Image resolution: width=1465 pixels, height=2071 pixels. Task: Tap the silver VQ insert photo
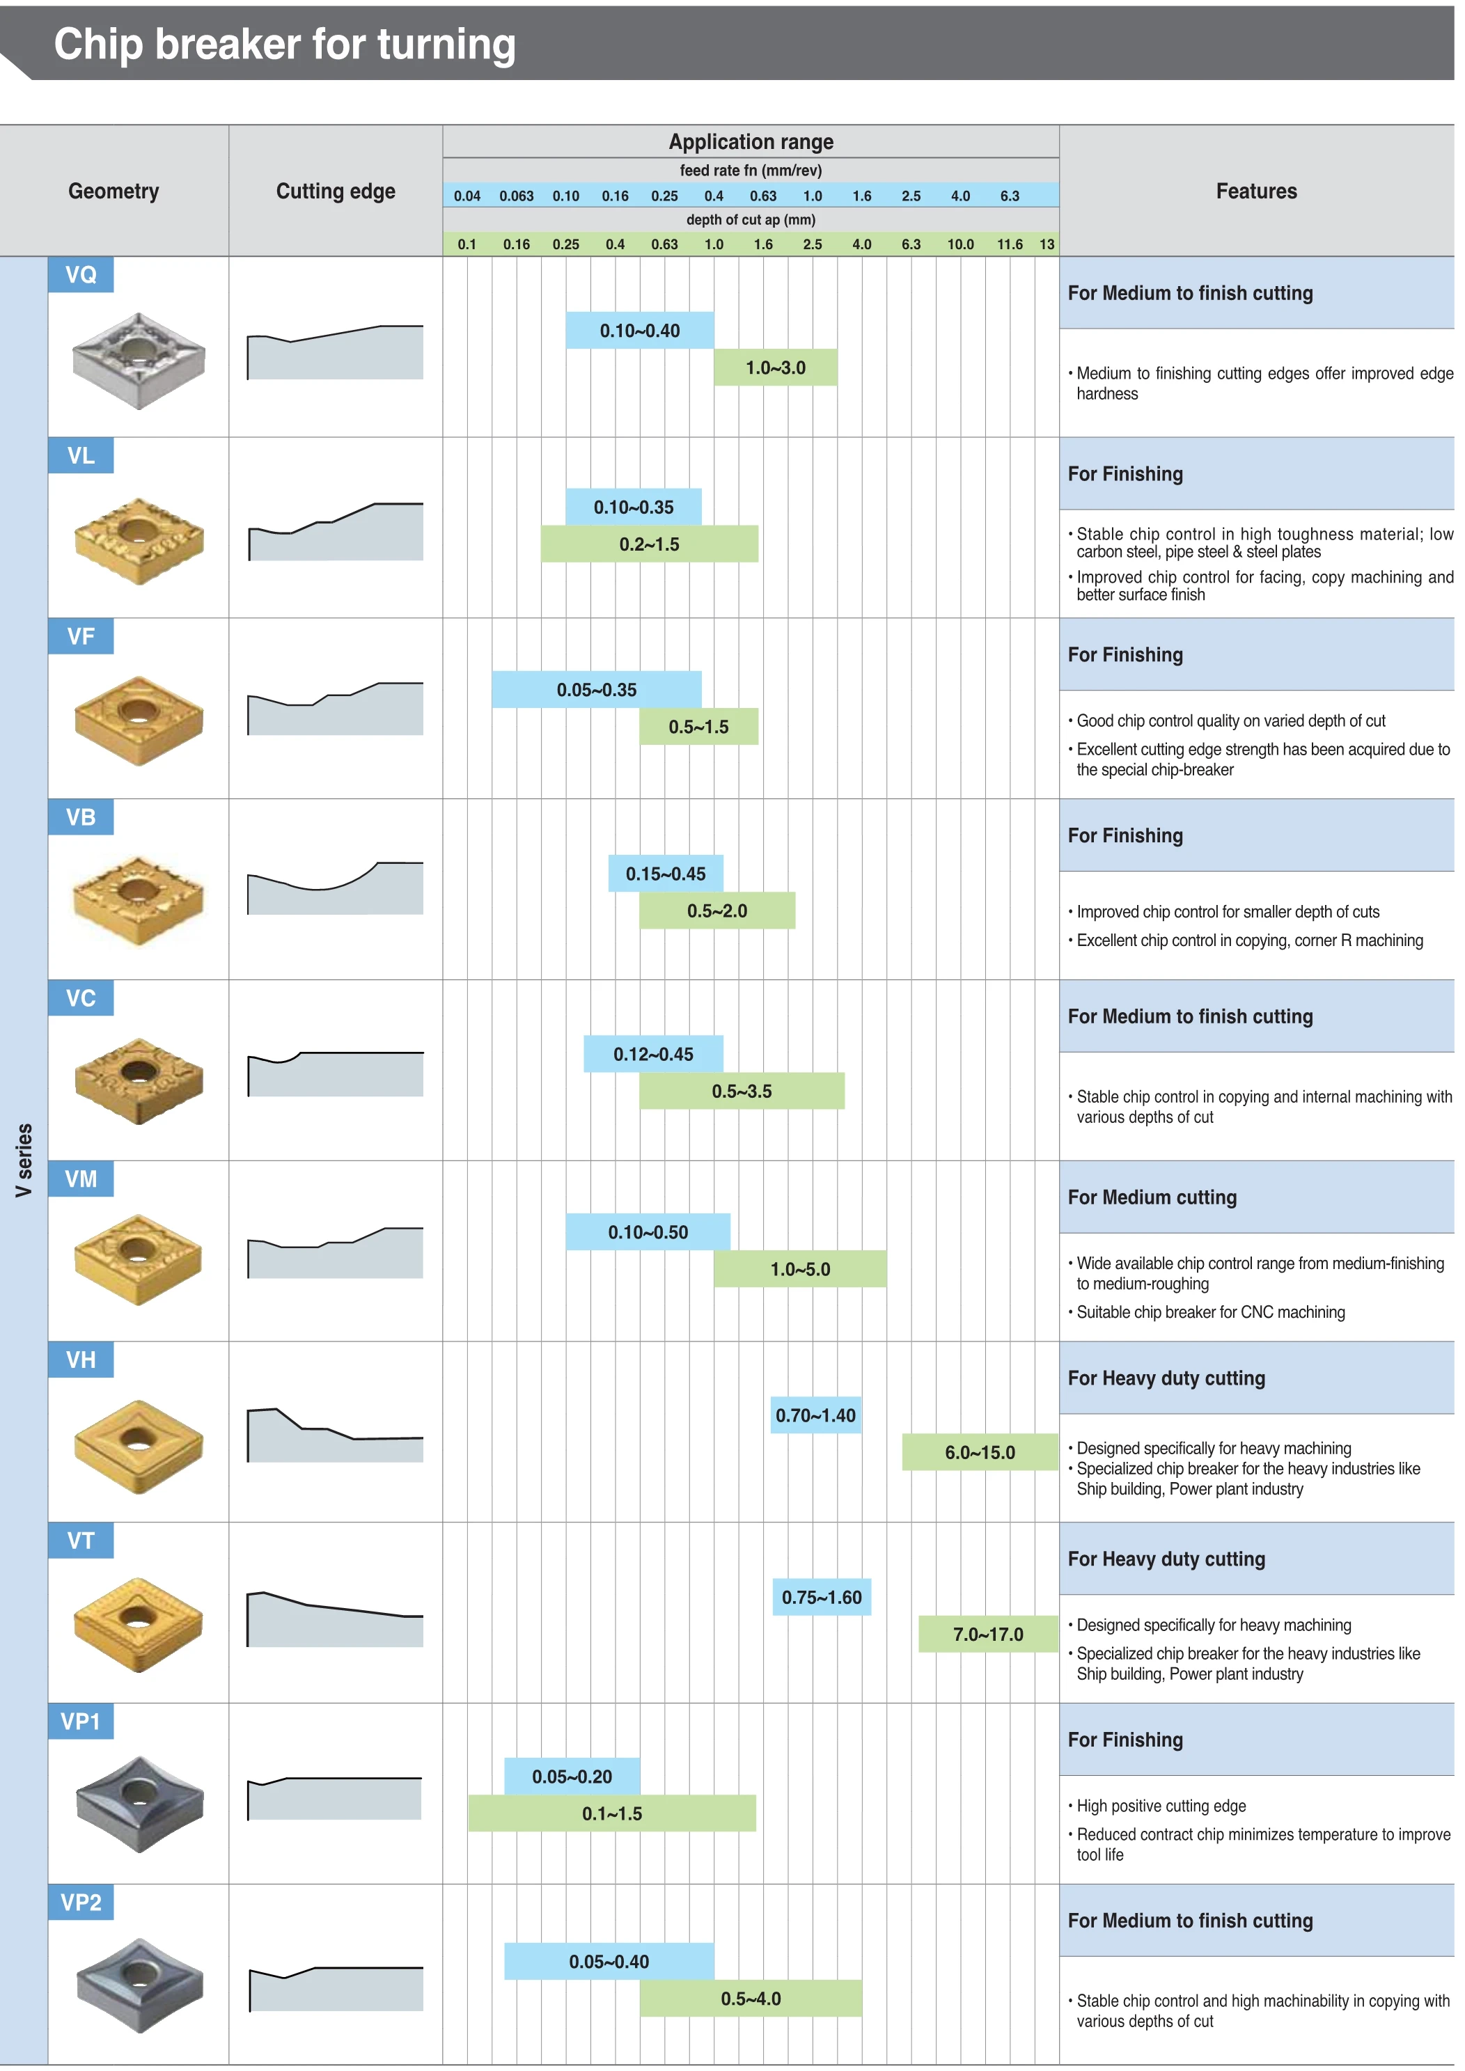[138, 360]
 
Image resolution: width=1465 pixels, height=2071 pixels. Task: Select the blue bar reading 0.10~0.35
[633, 507]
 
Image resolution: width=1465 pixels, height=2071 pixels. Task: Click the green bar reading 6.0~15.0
[980, 1452]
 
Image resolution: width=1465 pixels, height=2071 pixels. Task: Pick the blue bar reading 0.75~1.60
[821, 1598]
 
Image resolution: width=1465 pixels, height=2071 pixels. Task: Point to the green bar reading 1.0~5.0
[799, 1269]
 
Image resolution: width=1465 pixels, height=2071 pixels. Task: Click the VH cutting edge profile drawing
[335, 1434]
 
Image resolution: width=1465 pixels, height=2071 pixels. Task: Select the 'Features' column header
[1255, 191]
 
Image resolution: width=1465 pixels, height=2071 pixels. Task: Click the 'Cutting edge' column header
[336, 191]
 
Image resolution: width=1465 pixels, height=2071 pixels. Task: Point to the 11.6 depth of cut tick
[1010, 244]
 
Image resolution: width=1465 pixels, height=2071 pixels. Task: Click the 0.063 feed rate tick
[516, 196]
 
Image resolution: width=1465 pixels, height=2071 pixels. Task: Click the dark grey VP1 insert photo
[138, 1803]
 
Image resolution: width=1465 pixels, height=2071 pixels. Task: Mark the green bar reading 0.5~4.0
[751, 1999]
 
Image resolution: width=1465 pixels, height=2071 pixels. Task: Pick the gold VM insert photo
[138, 1259]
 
